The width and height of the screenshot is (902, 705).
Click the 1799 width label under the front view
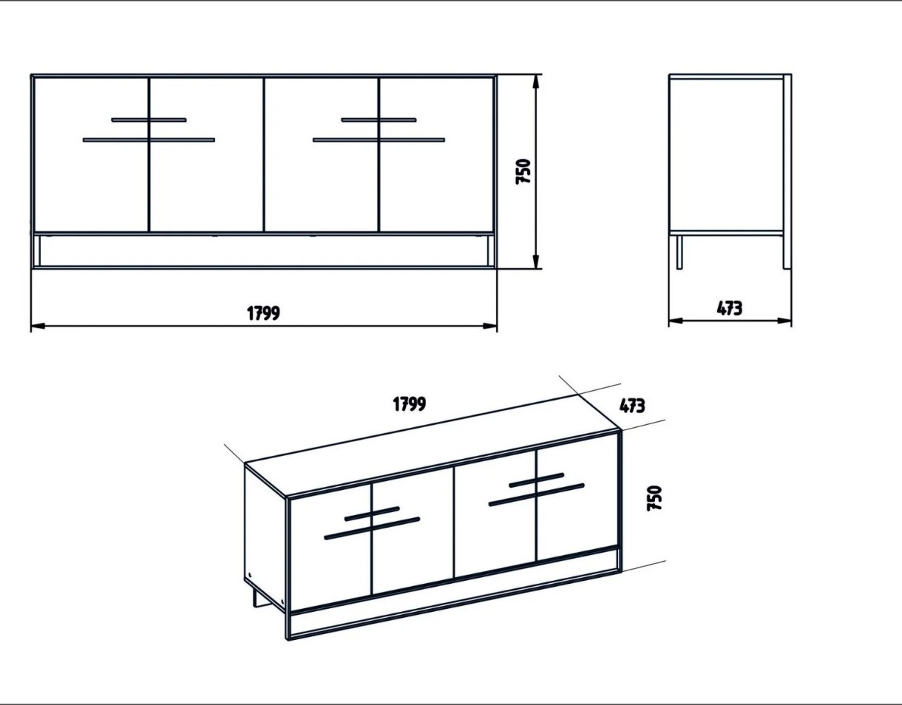point(264,313)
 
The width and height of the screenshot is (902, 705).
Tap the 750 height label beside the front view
point(523,171)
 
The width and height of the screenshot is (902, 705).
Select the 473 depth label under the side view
point(729,308)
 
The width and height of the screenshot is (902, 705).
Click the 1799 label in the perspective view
point(410,404)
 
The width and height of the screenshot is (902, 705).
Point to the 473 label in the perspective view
point(632,406)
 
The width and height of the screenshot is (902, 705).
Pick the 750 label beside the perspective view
point(654,498)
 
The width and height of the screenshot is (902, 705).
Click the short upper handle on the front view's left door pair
point(149,120)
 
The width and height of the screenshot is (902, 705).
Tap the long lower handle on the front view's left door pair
point(149,140)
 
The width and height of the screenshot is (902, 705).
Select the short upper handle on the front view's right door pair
point(379,120)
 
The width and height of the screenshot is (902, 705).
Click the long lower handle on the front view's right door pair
point(379,140)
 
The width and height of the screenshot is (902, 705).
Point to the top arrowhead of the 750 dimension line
point(536,82)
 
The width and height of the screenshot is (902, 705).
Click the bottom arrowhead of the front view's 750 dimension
point(536,261)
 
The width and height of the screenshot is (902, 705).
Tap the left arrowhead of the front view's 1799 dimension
point(38,327)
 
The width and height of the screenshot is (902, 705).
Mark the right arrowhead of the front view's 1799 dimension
point(489,327)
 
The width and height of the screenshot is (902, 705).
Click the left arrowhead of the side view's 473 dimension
point(676,321)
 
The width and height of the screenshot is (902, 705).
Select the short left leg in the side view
point(679,253)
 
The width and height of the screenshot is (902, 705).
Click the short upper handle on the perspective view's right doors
point(536,480)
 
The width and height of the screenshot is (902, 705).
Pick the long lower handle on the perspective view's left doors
point(372,528)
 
